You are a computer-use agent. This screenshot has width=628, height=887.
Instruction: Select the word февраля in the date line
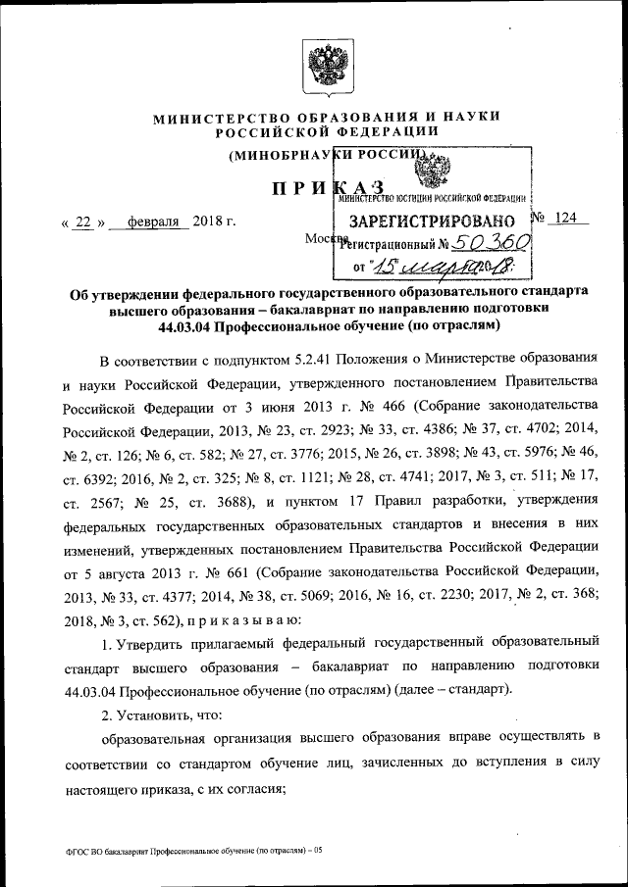pos(148,222)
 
